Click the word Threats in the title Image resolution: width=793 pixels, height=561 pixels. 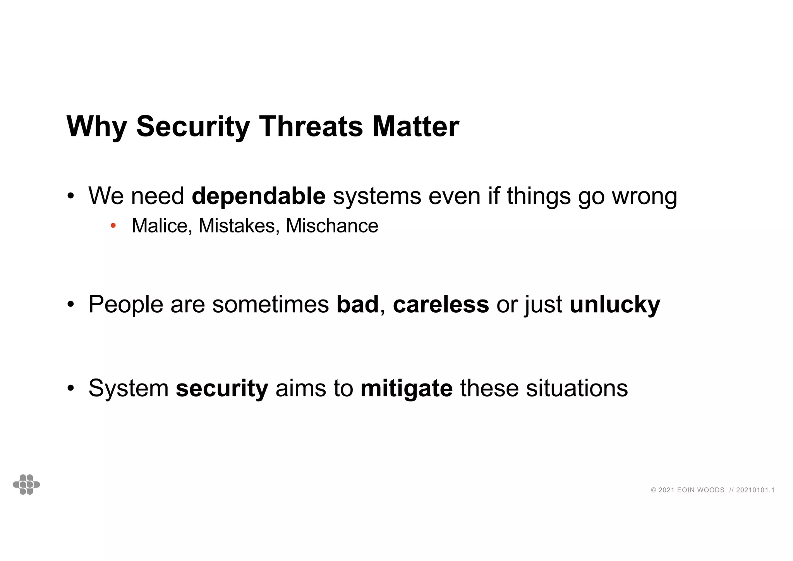point(311,127)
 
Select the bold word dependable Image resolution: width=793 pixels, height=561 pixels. point(258,196)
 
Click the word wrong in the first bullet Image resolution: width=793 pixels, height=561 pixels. point(644,196)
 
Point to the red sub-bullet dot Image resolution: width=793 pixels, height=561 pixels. point(113,225)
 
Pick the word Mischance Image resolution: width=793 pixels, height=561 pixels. point(332,226)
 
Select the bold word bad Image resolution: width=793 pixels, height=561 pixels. point(357,305)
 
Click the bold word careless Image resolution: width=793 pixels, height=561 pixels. point(441,305)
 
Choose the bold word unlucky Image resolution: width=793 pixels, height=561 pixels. point(614,305)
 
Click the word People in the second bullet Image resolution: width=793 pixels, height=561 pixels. point(126,305)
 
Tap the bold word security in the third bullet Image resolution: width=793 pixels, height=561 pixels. point(221,388)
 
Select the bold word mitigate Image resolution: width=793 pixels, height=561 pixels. point(406,388)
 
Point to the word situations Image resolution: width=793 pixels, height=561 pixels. point(577,388)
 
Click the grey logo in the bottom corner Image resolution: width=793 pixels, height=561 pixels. point(26,484)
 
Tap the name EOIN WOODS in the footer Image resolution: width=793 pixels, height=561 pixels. point(700,490)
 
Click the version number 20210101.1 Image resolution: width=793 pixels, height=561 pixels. point(755,490)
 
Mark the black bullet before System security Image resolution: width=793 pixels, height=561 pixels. point(70,388)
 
